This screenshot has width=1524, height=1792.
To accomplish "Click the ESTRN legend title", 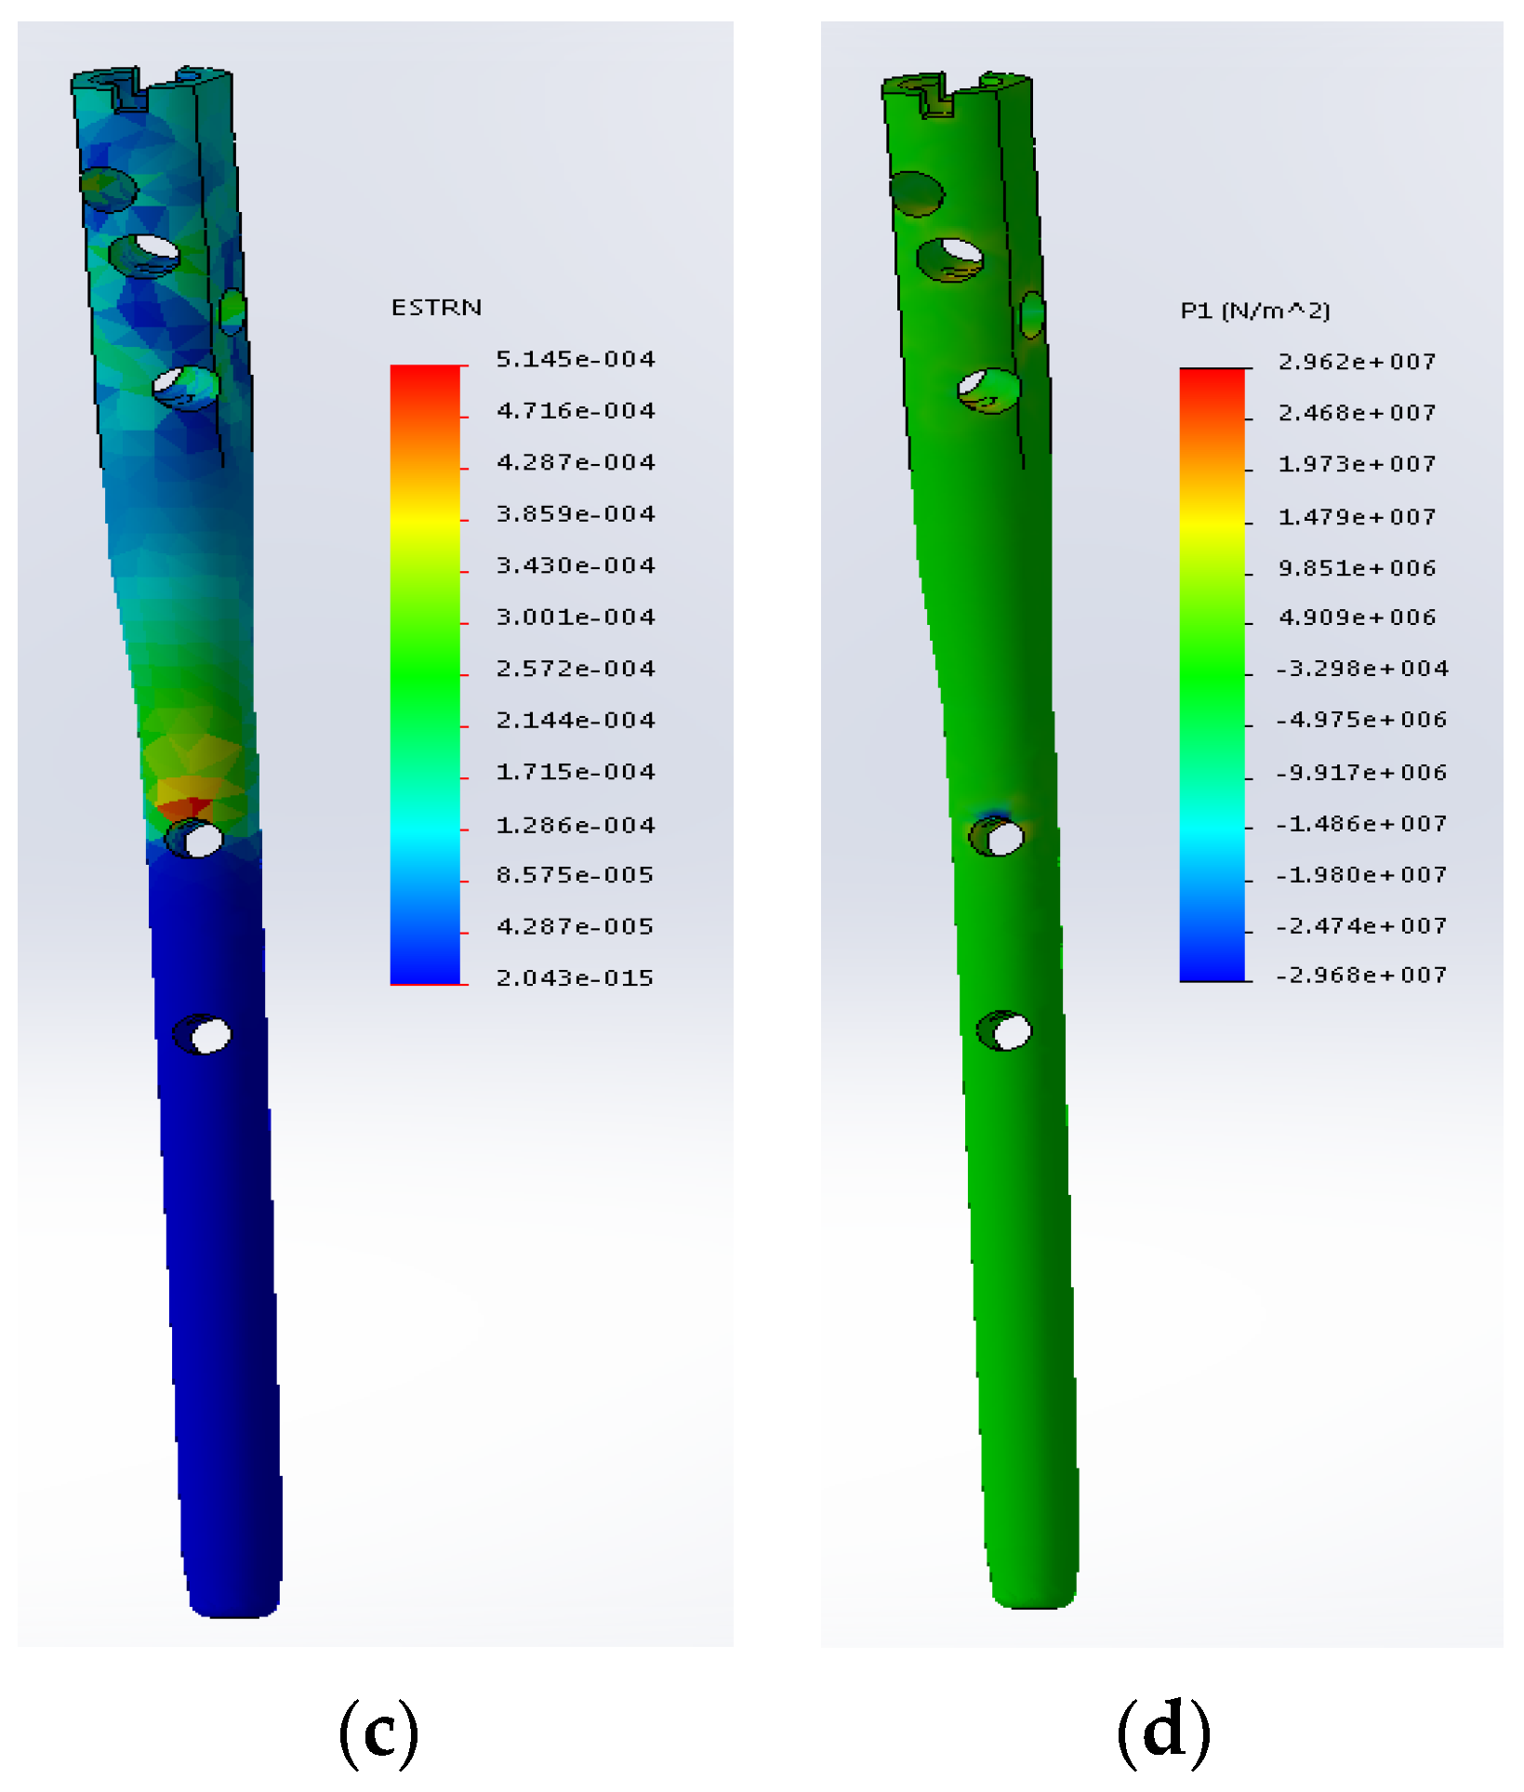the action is coord(436,308).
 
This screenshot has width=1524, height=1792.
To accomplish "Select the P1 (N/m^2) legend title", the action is coord(1255,311).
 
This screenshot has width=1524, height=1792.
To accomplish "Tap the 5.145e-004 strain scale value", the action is coord(576,359).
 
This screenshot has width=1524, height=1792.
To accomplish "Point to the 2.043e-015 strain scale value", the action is coord(575,978).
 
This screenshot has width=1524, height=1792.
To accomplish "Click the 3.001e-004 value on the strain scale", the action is coord(576,617).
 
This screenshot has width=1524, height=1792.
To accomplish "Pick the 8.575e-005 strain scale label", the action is coord(575,875).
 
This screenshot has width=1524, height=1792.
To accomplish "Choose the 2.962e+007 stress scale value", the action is coord(1358,362).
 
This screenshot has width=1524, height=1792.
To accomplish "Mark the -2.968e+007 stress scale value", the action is coord(1361,976).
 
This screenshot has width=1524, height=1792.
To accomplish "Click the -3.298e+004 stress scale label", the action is coord(1362,669).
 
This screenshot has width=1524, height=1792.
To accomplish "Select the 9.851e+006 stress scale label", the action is coord(1358,568).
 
